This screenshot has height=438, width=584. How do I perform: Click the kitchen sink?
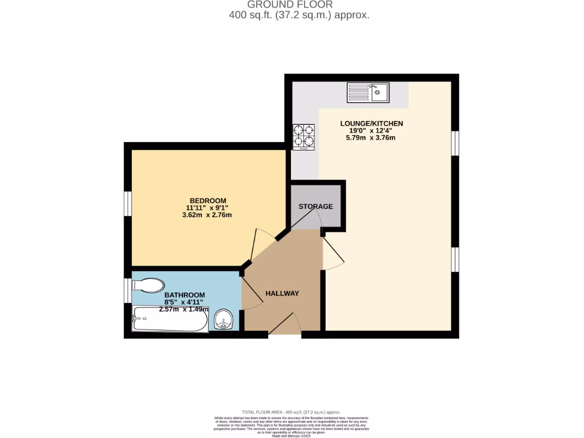coord(368,92)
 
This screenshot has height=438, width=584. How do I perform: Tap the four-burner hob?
coord(303,137)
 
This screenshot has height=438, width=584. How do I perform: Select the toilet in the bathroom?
coord(148,285)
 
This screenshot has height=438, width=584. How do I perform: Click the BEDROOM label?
coord(208,200)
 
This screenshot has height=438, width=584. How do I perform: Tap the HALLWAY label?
coord(282,293)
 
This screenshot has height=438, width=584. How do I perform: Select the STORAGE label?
coord(315,206)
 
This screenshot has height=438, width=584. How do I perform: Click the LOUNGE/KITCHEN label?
coord(371,123)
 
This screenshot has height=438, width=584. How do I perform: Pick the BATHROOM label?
coord(176,295)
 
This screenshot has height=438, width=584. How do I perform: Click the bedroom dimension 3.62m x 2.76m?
coord(206,215)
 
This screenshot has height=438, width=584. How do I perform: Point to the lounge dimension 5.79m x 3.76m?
coord(371,137)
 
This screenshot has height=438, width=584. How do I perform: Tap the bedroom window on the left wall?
coord(128,204)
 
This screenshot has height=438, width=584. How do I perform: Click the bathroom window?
coord(128,290)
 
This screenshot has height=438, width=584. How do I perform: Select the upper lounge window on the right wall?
coord(455,143)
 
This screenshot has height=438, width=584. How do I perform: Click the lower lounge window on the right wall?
coord(455,259)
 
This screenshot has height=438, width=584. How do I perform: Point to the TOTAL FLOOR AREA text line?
coord(291,412)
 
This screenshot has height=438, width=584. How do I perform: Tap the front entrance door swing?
coord(285,324)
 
